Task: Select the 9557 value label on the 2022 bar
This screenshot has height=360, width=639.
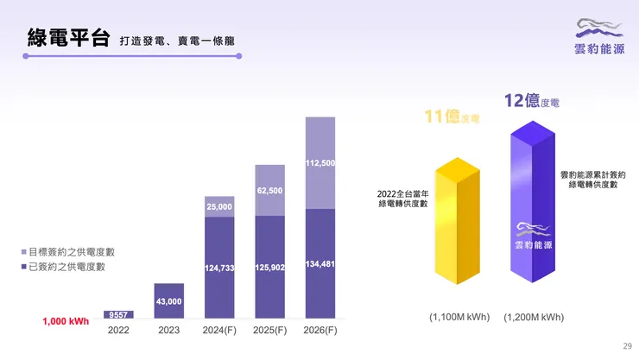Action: pos(118,315)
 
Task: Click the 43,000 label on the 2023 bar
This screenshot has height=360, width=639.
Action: pos(168,301)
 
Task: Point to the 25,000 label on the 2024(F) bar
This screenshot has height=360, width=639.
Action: pos(218,207)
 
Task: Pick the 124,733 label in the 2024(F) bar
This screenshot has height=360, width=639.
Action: pos(218,268)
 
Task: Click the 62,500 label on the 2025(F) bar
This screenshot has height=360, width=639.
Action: pos(269,190)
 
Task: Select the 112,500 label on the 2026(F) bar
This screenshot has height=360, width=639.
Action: pos(320,162)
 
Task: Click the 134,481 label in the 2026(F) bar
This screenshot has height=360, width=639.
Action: pos(320,264)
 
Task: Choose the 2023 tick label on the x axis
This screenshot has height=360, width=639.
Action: pos(168,330)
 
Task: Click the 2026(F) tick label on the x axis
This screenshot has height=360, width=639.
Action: pos(320,330)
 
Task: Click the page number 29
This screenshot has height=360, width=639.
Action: pos(627,346)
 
